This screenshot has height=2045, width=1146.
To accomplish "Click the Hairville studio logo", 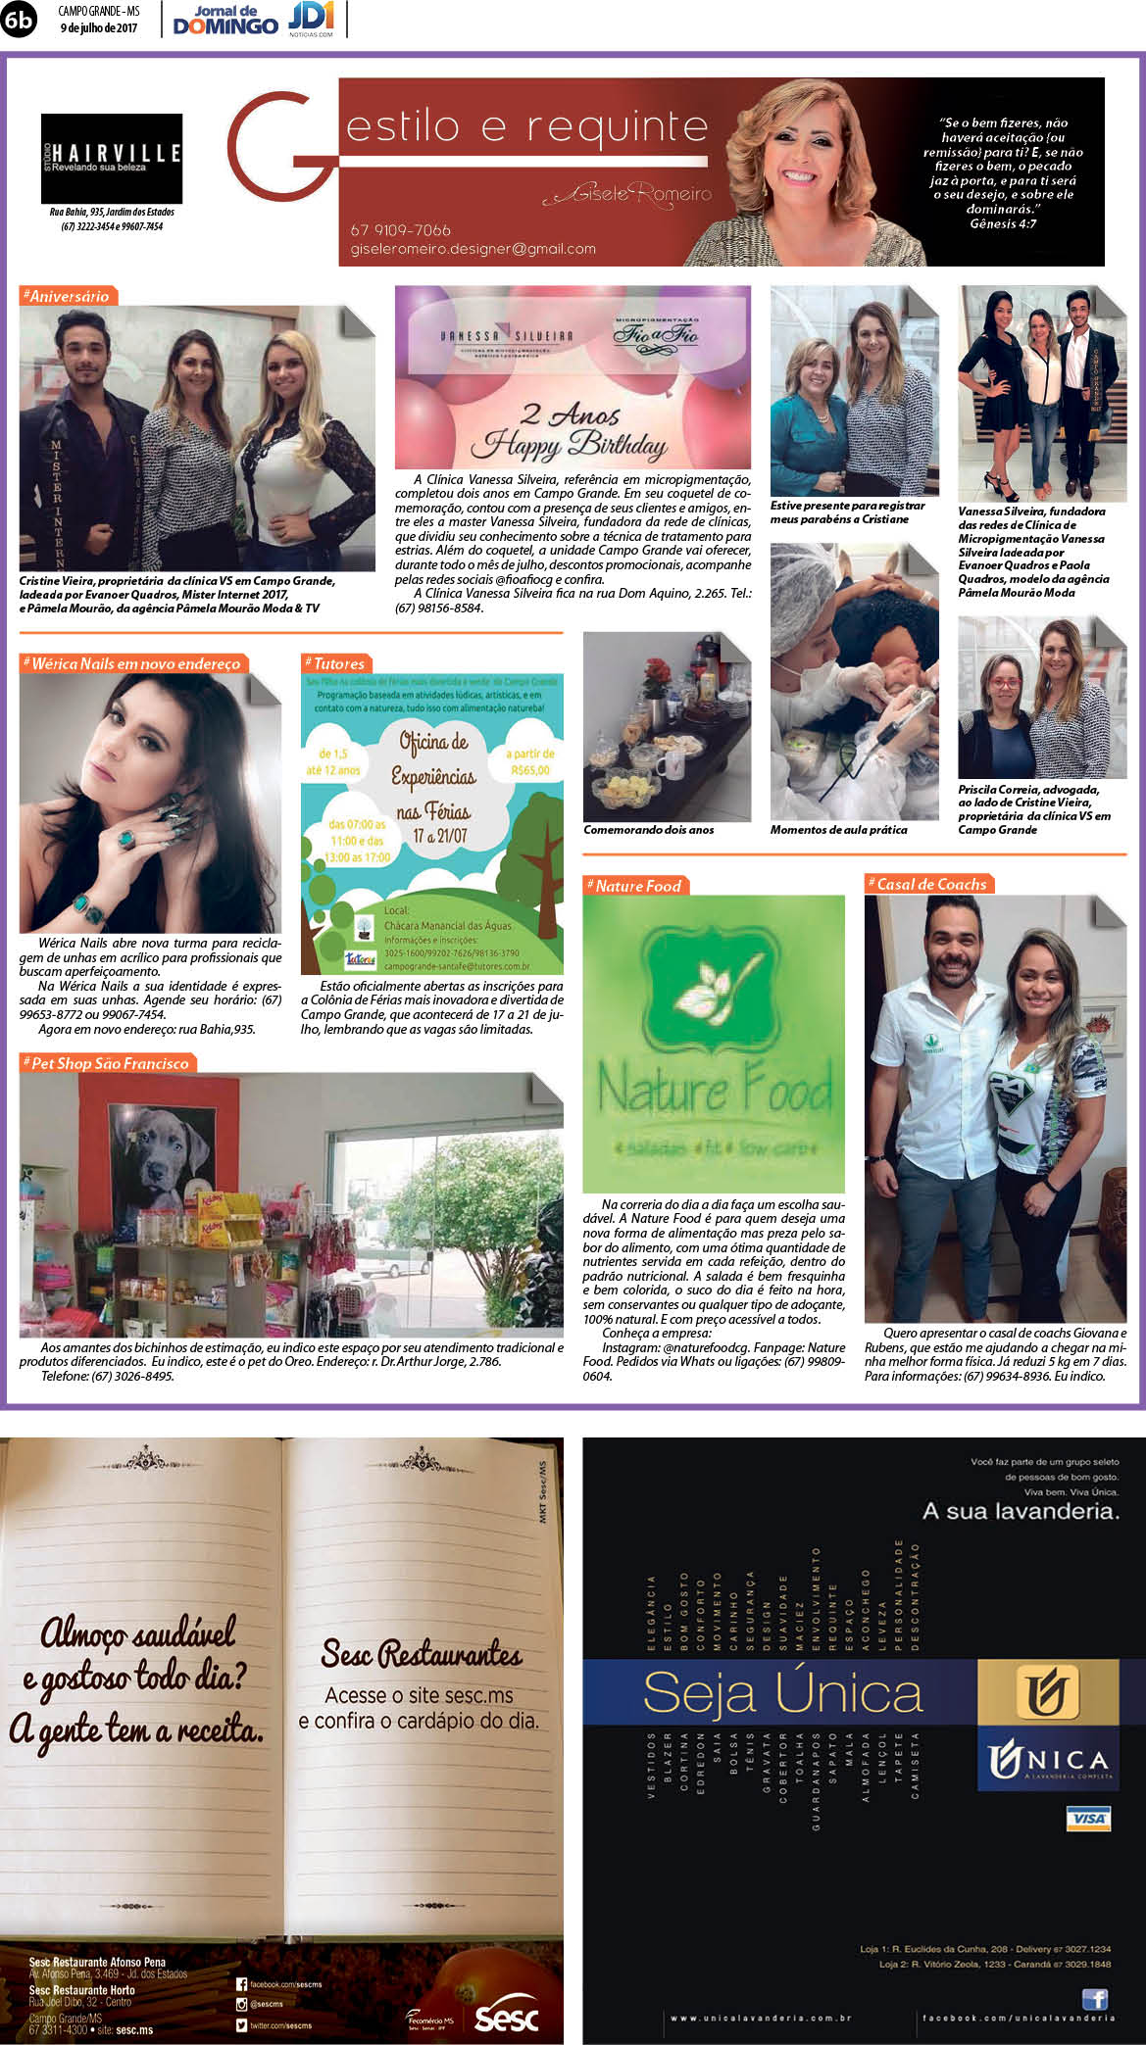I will (112, 158).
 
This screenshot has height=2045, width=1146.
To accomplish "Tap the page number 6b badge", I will (18, 20).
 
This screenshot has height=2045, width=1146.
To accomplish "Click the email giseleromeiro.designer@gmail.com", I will (473, 249).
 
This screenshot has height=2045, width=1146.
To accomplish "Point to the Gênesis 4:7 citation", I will (1003, 223).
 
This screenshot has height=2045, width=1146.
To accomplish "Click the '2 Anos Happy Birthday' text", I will (570, 431).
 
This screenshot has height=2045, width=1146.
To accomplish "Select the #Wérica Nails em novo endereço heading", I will (134, 663).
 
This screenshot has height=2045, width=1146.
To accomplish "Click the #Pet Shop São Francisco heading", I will (109, 1063).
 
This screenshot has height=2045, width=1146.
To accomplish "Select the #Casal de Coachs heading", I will (930, 884).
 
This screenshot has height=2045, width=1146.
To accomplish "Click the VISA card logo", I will (1088, 1819).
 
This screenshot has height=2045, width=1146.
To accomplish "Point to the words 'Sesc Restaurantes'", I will (422, 1655).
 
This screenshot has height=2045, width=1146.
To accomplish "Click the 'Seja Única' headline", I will (782, 1692).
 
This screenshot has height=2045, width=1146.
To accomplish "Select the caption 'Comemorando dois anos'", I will (649, 830).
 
